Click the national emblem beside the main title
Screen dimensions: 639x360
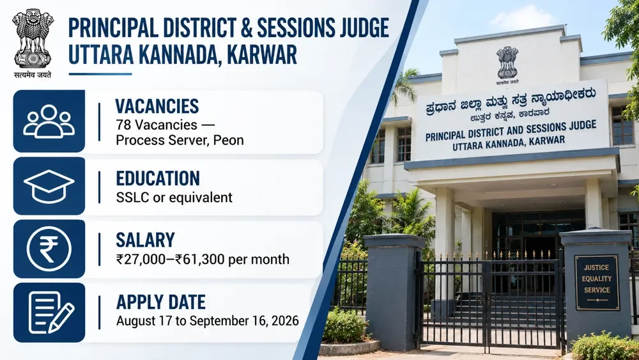(33, 39)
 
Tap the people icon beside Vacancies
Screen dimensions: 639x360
(49, 121)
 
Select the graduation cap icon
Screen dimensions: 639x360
(49, 186)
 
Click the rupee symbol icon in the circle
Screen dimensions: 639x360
(49, 249)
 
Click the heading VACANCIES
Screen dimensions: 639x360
(157, 106)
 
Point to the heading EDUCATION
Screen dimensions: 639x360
(158, 178)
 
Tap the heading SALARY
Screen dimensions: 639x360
(146, 240)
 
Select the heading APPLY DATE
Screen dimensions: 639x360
(161, 302)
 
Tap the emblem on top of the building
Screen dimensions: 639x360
(507, 63)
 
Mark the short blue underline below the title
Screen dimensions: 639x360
(100, 74)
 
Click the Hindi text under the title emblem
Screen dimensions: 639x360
(33, 75)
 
